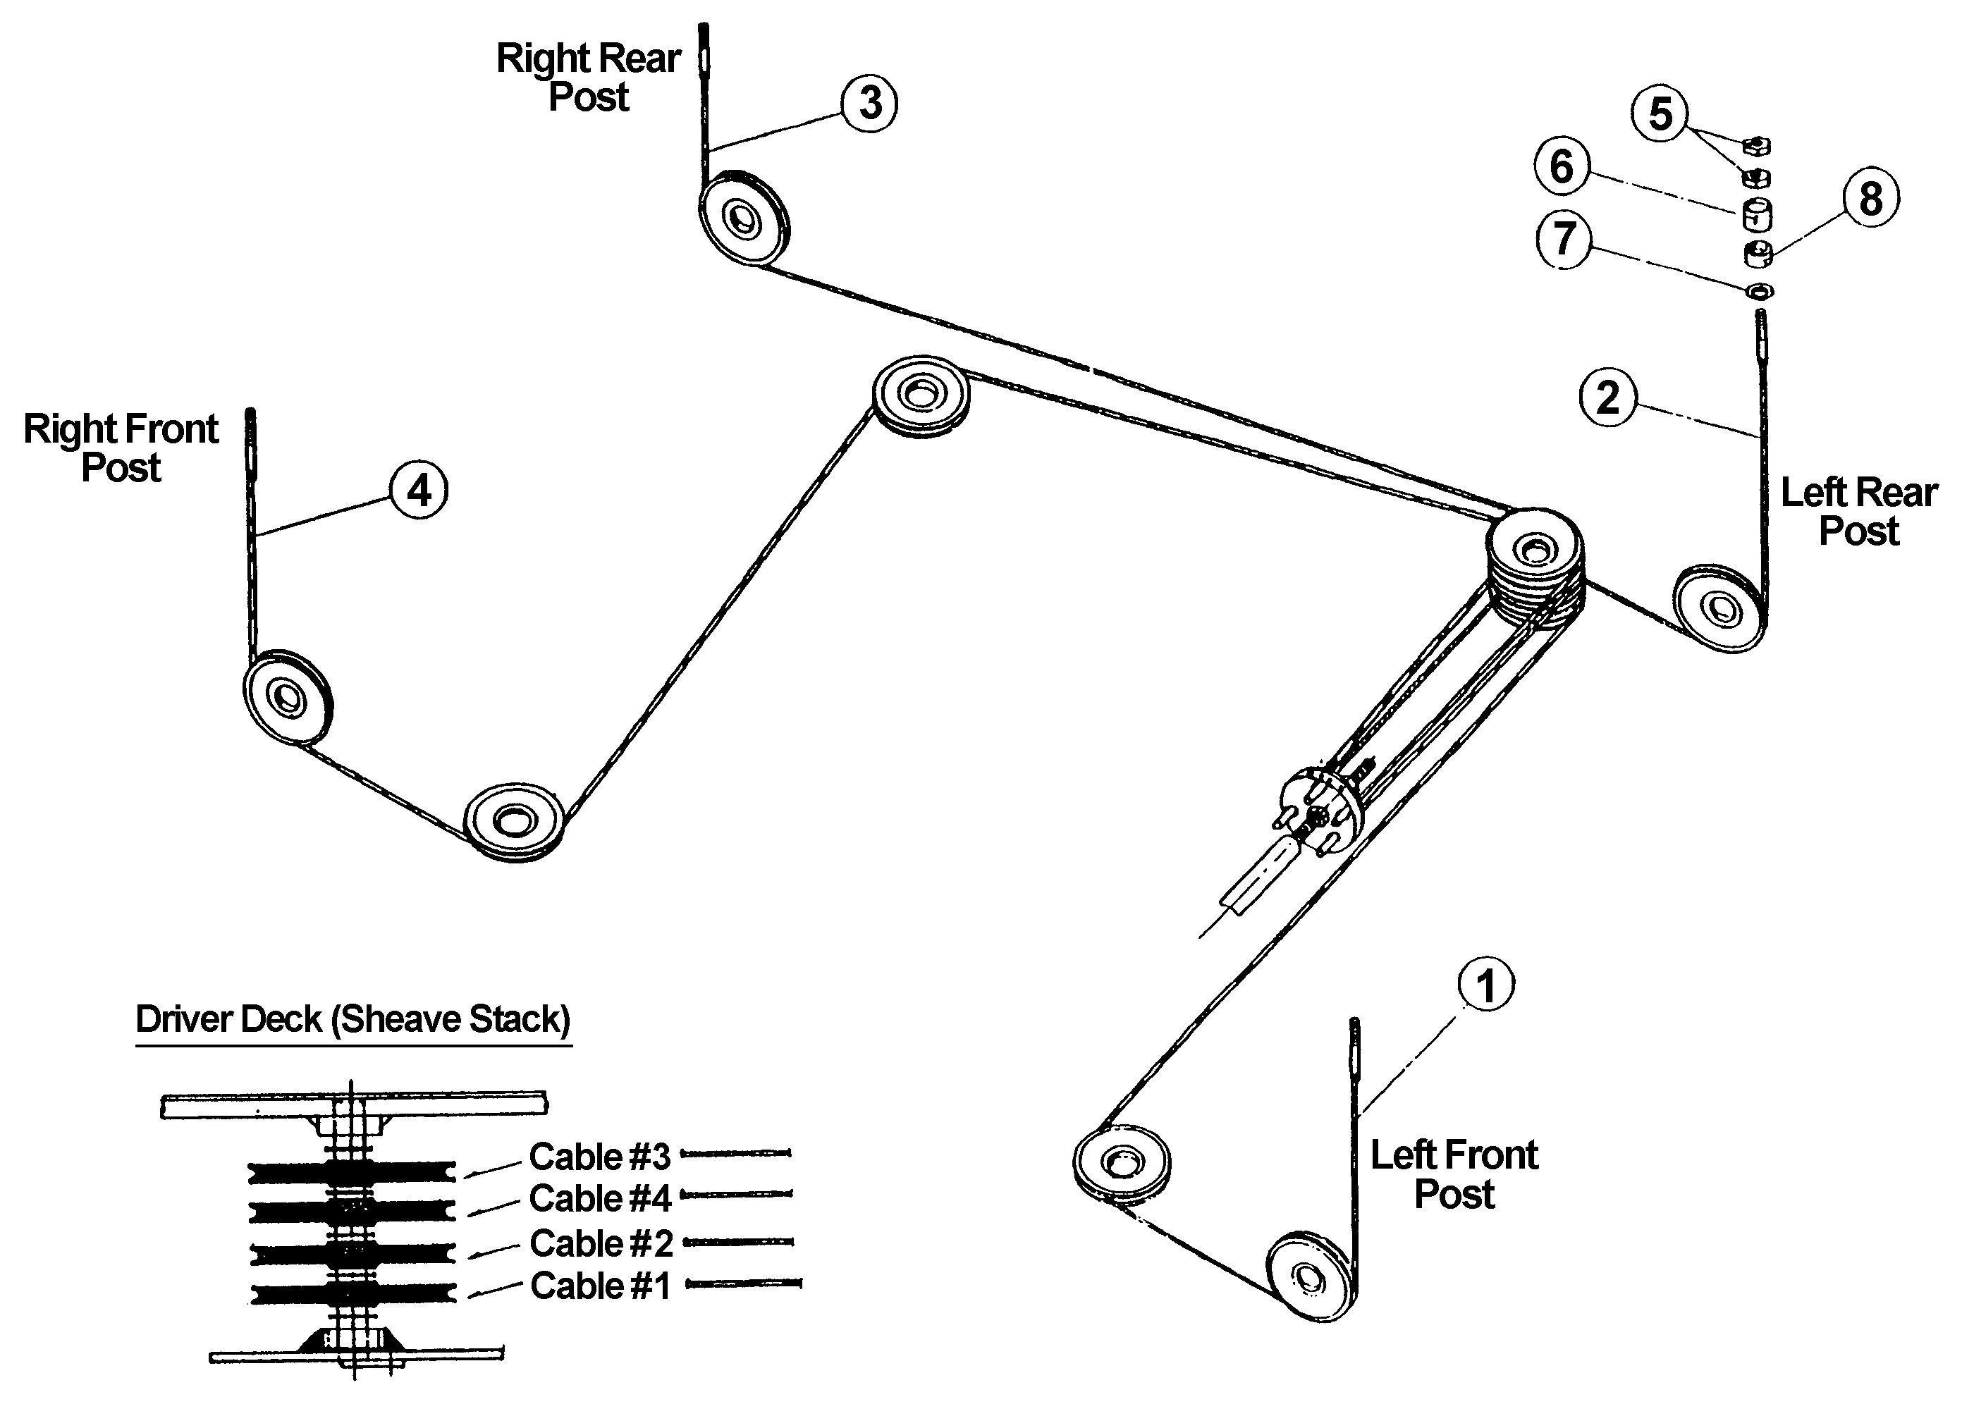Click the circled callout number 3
(869, 103)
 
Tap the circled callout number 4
(419, 491)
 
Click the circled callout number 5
(1660, 113)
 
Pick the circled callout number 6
(1562, 166)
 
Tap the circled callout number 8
(1870, 198)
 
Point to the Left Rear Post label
(1858, 511)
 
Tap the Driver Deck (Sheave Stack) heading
(353, 1019)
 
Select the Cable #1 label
(601, 1286)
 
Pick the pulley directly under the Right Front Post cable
(287, 696)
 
